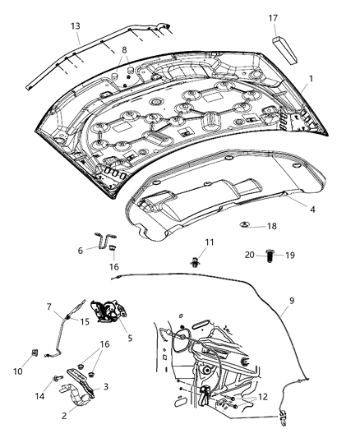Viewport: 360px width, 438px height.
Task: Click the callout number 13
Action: point(75,25)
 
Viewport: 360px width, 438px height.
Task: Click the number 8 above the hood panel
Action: point(124,50)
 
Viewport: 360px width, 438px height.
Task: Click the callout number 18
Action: point(272,225)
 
